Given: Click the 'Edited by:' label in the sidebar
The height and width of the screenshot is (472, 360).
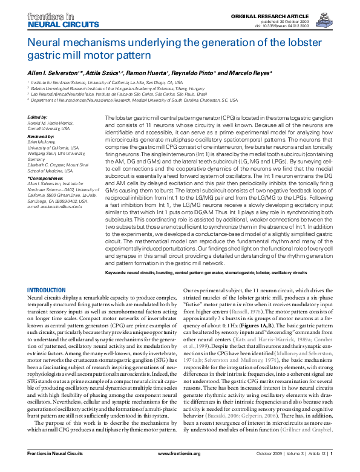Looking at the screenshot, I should coord(38,117).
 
